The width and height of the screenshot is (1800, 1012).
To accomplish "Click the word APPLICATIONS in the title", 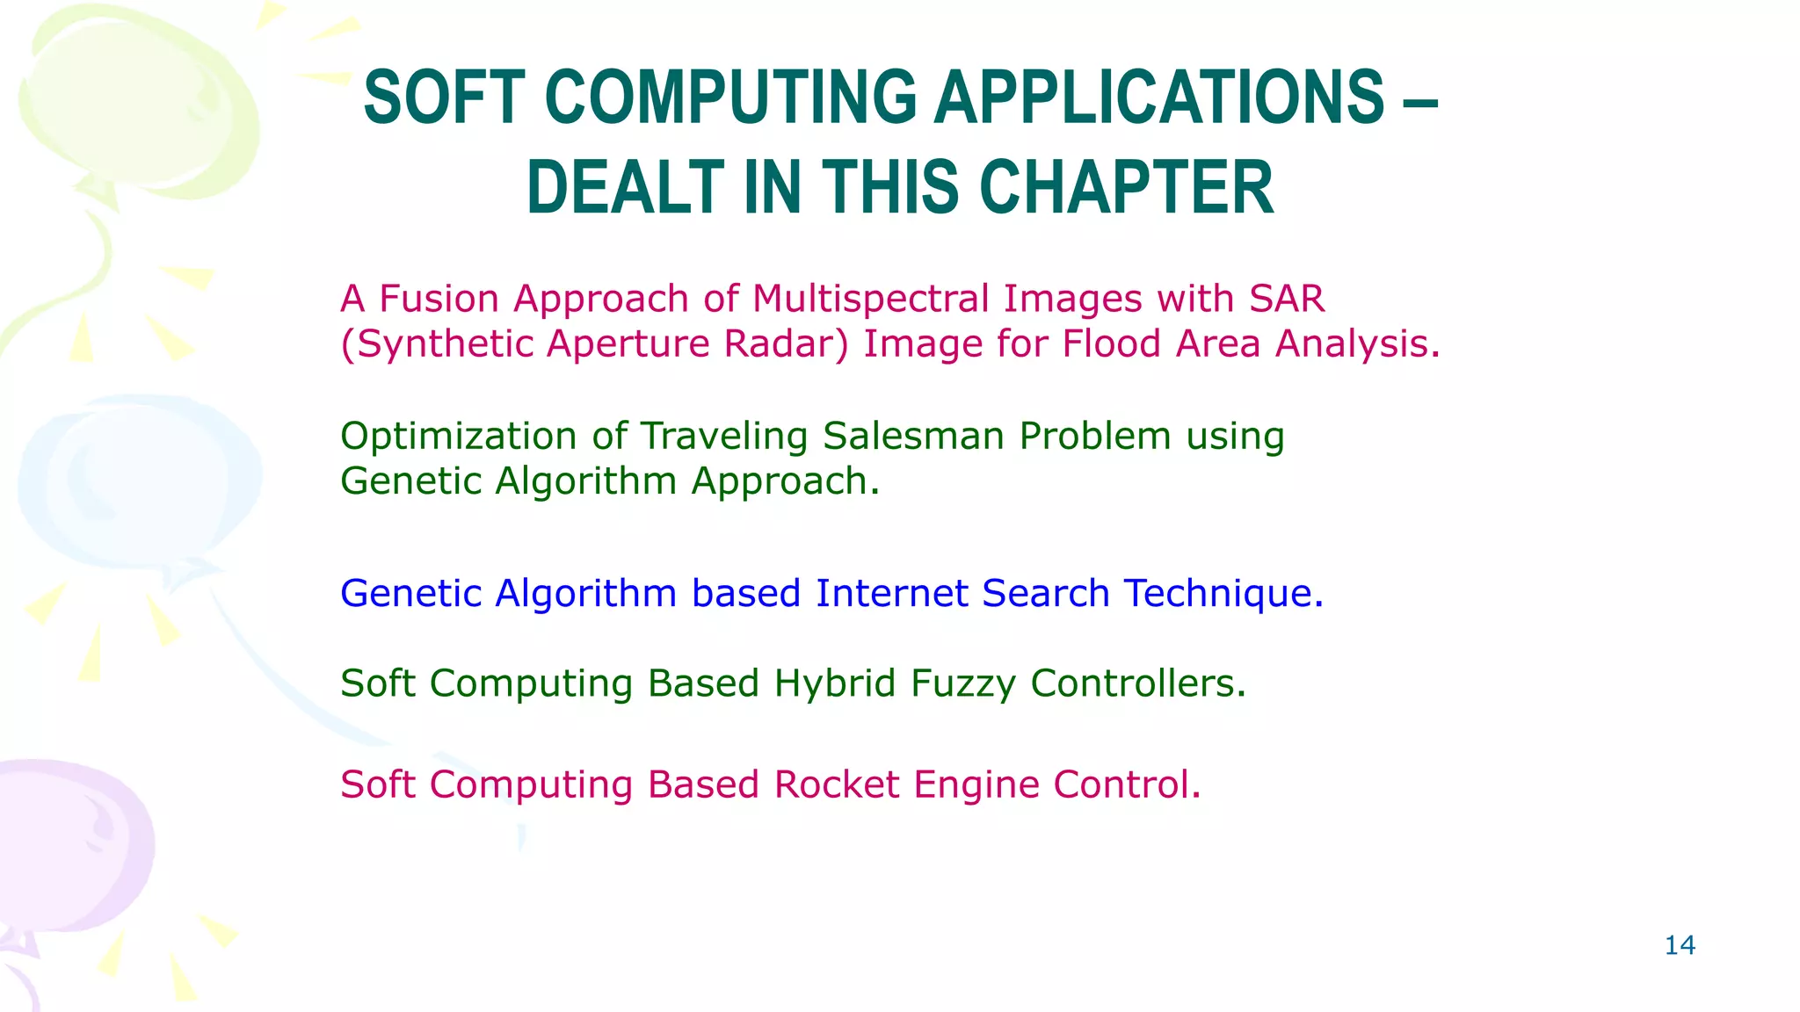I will (x=1158, y=98).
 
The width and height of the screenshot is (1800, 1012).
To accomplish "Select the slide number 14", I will (x=1680, y=945).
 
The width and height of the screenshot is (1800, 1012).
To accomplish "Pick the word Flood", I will (x=1111, y=343).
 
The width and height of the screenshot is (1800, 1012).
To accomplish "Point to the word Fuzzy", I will (x=963, y=684).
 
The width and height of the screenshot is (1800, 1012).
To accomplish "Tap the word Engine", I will (x=976, y=784).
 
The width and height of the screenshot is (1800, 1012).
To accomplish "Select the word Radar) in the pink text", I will (x=787, y=343).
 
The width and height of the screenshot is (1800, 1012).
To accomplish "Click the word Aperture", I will (x=628, y=343).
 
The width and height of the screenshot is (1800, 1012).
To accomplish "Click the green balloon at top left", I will (x=132, y=97).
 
